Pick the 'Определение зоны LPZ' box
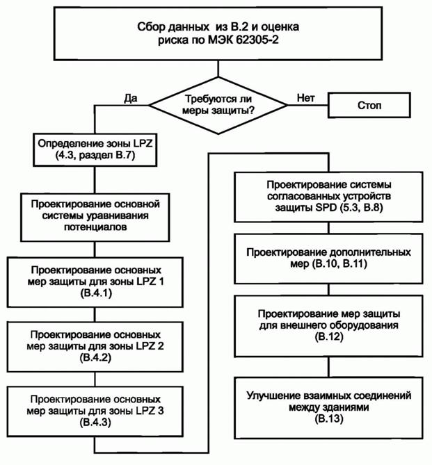coord(95,151)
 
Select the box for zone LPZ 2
coord(95,345)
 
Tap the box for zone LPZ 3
coord(95,409)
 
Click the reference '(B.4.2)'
coord(95,358)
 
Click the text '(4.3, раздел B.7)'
coord(95,157)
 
